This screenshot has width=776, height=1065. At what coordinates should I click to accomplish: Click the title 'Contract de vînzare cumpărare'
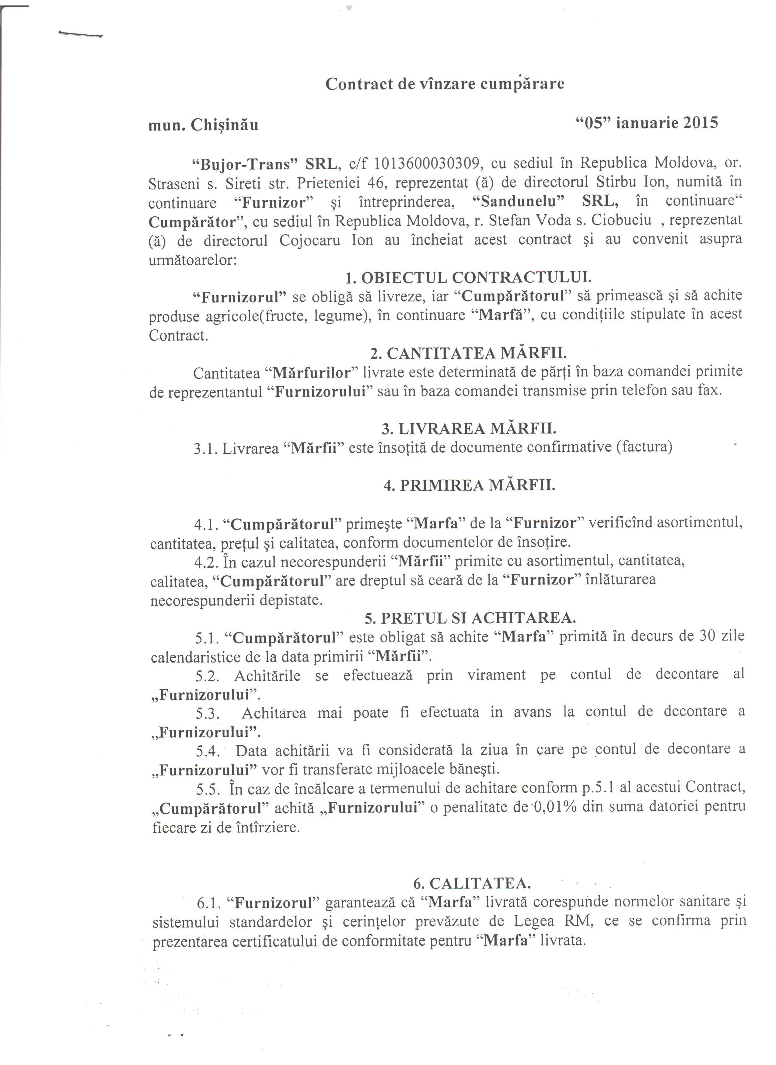click(x=445, y=84)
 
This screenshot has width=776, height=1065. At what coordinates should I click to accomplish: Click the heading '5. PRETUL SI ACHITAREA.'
click(x=470, y=618)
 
